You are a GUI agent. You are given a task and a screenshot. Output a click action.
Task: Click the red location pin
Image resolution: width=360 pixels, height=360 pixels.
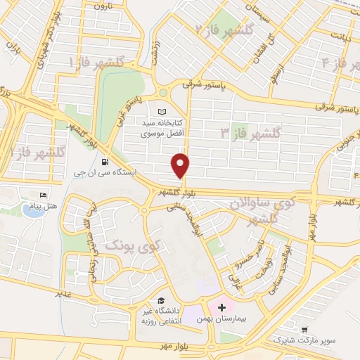(181, 165)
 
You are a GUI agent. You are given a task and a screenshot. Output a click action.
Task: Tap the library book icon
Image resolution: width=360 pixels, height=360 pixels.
(164, 112)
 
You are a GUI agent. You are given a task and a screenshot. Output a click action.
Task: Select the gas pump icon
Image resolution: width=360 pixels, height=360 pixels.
(105, 160)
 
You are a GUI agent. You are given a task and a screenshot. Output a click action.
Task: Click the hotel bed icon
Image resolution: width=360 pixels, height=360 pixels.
(44, 194)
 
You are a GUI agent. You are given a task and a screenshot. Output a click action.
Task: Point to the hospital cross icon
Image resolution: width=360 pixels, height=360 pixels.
(221, 307)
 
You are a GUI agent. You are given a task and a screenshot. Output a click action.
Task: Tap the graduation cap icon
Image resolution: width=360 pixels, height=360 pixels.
(162, 300)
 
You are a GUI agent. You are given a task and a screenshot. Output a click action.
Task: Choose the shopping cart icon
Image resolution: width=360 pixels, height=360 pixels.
(304, 328)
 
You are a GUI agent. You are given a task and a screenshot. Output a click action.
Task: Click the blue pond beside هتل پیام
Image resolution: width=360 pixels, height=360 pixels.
(32, 212)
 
